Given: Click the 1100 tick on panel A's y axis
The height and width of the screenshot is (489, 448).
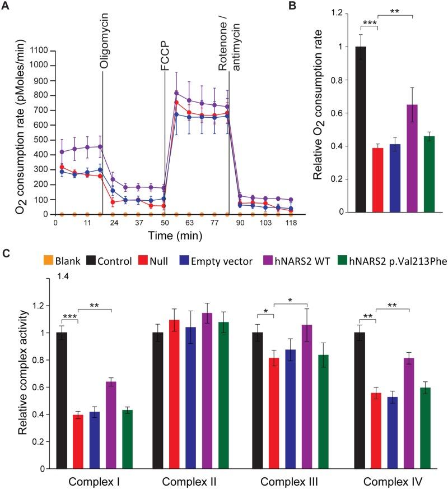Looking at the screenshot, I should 39,50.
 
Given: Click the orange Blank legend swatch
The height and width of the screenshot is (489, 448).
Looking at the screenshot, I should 50,261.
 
